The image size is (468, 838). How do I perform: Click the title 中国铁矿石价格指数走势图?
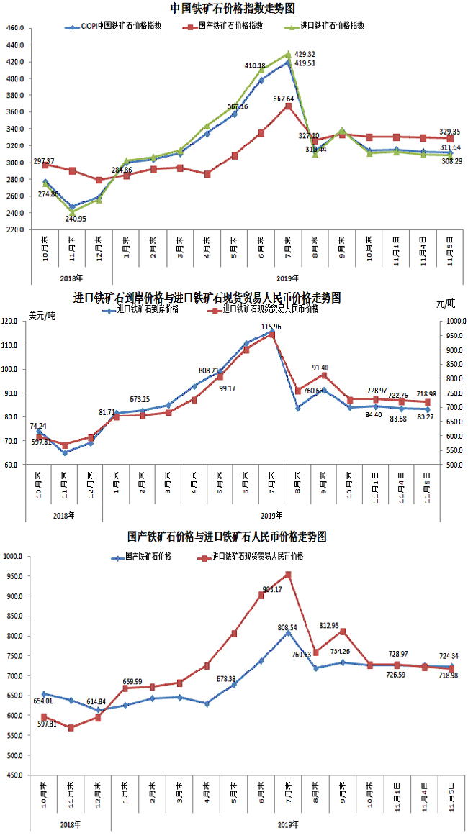click(x=233, y=9)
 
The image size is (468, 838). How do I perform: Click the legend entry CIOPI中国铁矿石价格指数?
click(x=122, y=25)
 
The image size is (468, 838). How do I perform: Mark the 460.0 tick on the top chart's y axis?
click(x=14, y=28)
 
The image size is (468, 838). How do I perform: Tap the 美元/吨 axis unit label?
click(x=42, y=315)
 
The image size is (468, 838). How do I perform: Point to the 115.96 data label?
click(x=271, y=327)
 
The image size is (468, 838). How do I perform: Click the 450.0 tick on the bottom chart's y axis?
click(x=14, y=775)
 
